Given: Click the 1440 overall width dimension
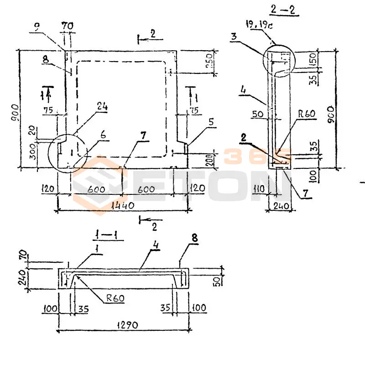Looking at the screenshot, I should coord(122,206).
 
